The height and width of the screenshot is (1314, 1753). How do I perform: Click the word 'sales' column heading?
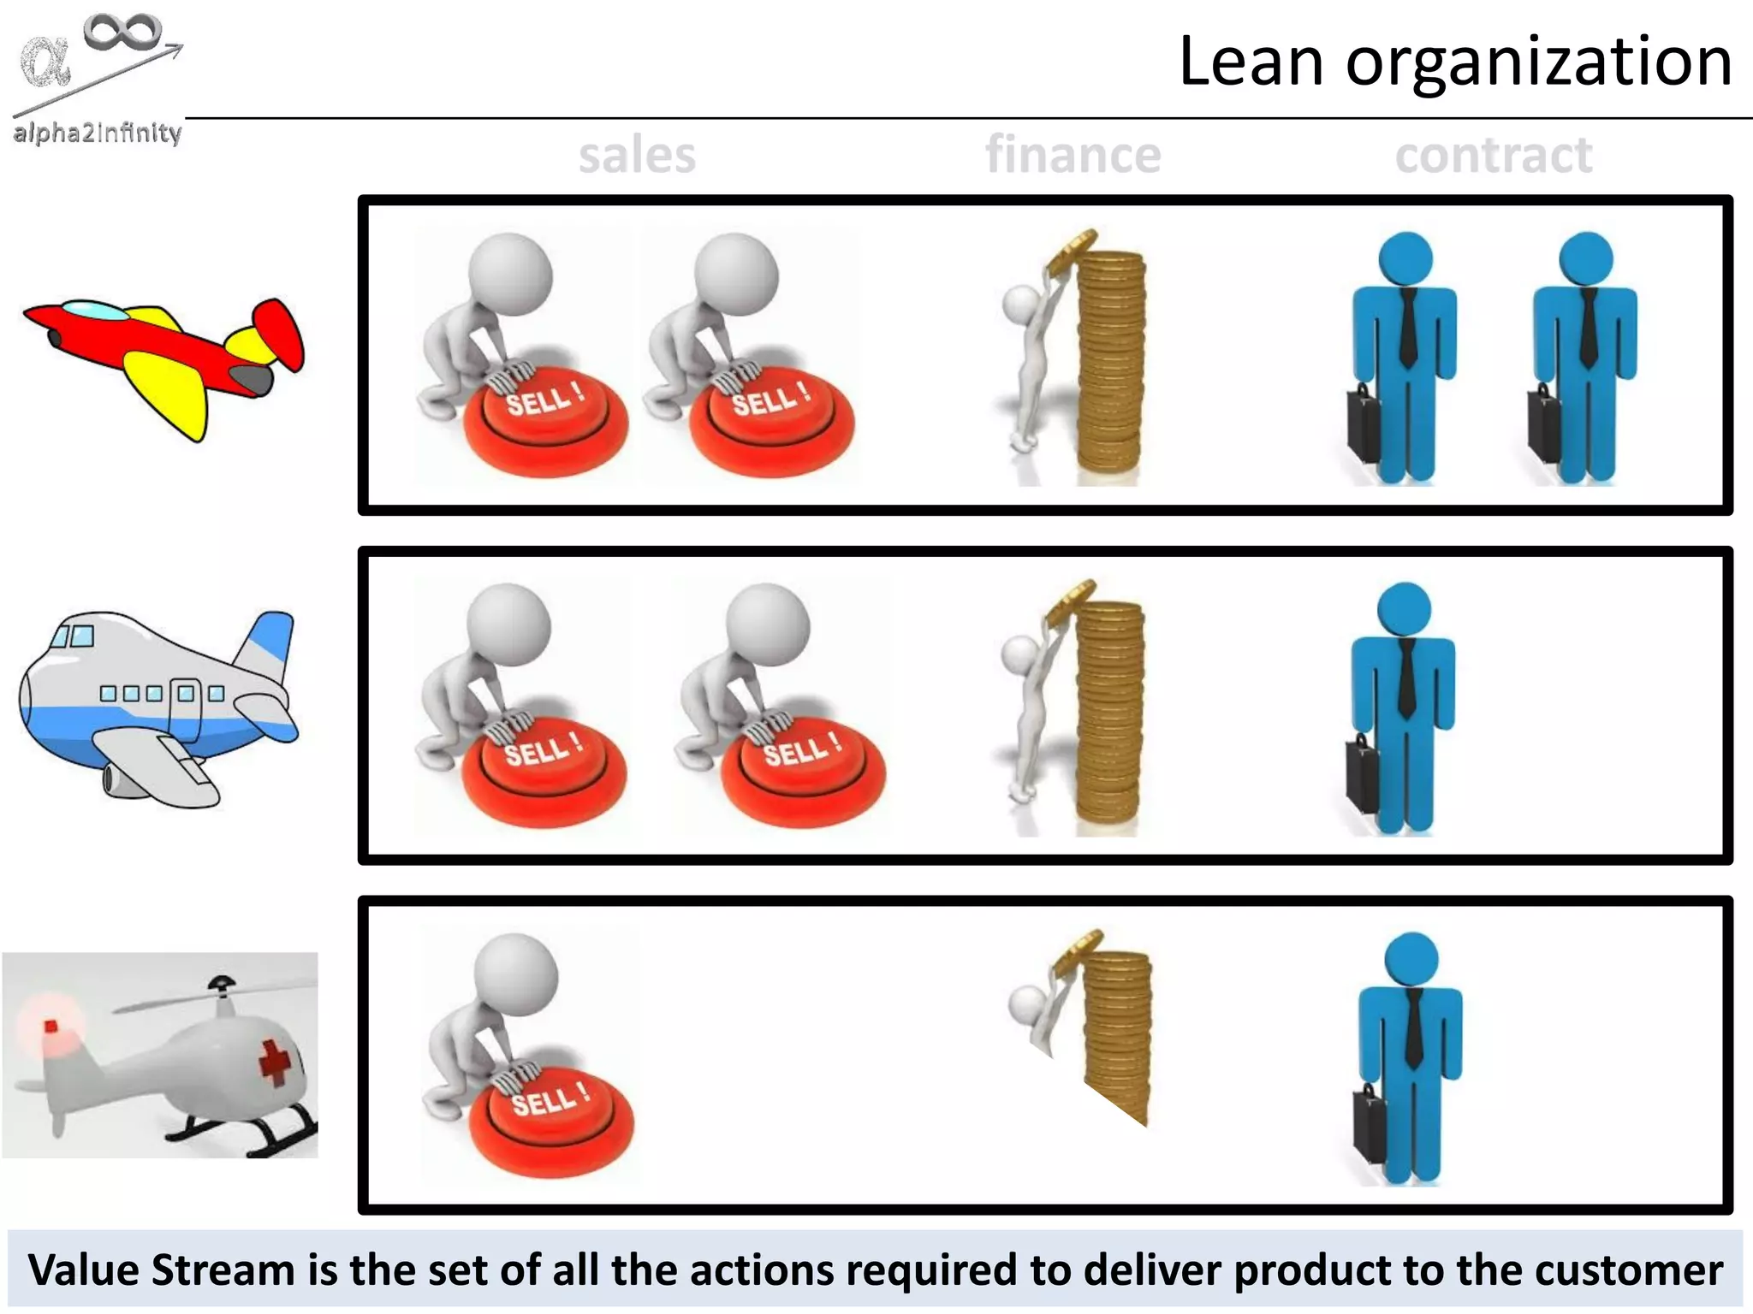[637, 157]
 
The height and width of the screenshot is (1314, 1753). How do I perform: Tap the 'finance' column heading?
[1073, 155]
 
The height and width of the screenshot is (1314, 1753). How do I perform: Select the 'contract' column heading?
[1494, 157]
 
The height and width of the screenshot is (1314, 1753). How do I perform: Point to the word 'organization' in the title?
[1539, 63]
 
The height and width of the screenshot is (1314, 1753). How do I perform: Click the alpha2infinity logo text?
[98, 133]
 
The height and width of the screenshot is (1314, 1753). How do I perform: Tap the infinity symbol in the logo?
[122, 33]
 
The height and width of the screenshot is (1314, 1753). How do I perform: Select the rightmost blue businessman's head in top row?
[1585, 257]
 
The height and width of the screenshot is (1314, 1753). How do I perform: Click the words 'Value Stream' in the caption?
[163, 1270]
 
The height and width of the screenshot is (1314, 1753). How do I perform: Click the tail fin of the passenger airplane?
[270, 642]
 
